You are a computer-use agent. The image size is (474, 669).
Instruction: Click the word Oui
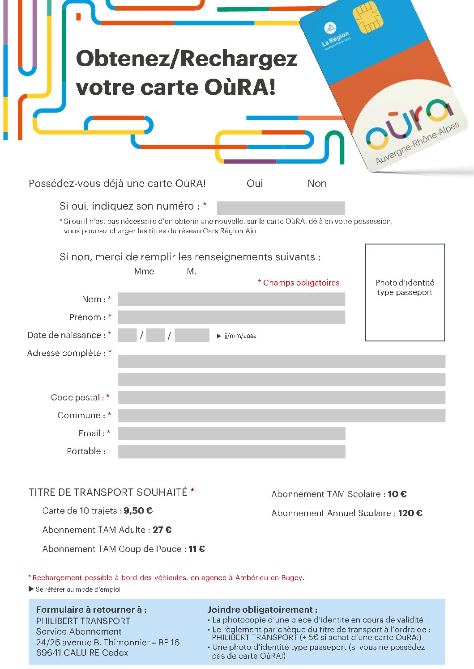255,183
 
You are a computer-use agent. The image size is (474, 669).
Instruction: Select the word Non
317,183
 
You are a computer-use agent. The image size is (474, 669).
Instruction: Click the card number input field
281,208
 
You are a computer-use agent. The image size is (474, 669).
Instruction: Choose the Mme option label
144,271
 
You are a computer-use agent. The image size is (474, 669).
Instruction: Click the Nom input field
231,299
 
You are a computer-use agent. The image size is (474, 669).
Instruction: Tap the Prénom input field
231,317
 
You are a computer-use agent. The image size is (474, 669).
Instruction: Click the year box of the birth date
192,335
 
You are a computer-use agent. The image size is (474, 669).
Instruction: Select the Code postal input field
281,397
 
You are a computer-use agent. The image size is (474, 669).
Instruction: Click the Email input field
231,433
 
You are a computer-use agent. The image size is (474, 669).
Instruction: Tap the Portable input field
231,451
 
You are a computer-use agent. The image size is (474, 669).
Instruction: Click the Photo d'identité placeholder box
405,292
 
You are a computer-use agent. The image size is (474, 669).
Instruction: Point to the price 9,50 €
138,510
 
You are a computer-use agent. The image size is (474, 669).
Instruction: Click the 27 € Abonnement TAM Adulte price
162,530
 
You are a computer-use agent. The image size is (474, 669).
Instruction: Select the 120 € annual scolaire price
410,513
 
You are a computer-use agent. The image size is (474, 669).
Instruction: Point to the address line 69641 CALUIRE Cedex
82,652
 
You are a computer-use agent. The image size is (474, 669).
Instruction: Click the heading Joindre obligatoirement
262,610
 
